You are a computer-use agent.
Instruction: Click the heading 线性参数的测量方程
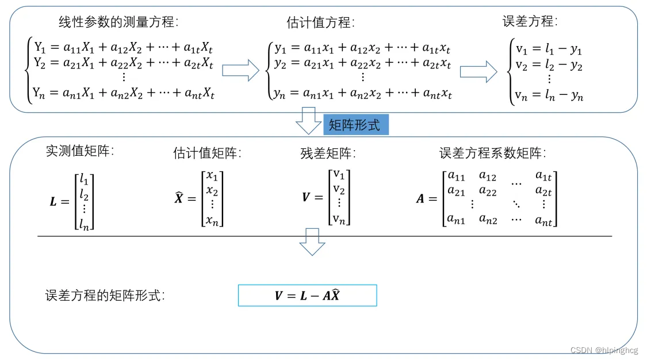tap(119, 22)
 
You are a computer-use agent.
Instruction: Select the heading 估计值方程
tap(320, 22)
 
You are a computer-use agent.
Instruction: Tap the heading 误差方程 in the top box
tap(530, 21)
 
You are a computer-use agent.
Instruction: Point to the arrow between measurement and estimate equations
tap(240, 71)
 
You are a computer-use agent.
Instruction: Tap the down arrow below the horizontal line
tap(312, 242)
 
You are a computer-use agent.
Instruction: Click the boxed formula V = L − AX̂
tap(307, 296)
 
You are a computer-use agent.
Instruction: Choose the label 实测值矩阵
tap(80, 151)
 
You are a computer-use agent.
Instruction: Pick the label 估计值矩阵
tap(207, 153)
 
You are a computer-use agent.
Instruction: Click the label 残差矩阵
tap(328, 153)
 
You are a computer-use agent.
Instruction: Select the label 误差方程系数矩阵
tap(492, 153)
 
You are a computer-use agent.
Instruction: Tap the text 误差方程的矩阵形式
tap(105, 296)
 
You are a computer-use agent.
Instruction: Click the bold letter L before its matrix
tap(54, 202)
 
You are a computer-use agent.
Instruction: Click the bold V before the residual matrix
tap(306, 197)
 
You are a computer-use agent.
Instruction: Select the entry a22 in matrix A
tap(488, 190)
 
